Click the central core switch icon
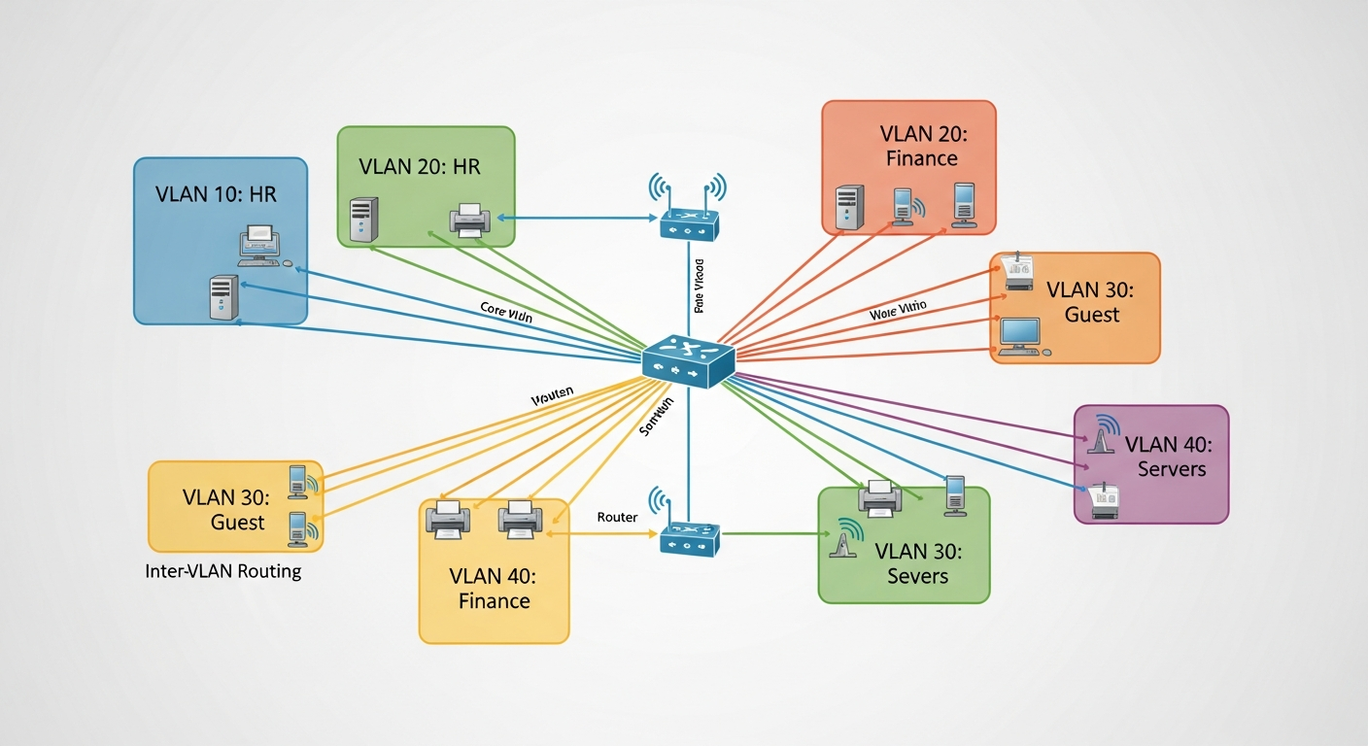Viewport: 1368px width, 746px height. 688,359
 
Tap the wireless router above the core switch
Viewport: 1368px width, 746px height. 688,221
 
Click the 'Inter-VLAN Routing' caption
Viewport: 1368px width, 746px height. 222,571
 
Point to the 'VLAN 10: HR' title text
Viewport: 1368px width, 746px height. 216,194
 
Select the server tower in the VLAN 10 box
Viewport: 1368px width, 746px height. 223,297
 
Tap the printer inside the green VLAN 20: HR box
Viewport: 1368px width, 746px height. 469,219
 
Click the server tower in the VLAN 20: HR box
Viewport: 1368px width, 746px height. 363,219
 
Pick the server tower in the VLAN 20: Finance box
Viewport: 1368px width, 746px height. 849,208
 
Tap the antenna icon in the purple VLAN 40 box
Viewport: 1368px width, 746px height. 1101,436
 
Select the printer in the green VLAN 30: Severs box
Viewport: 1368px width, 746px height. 880,497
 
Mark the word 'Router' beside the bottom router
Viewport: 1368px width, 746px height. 617,517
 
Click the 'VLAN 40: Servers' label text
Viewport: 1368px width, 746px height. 1165,458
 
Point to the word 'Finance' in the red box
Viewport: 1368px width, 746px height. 921,158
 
